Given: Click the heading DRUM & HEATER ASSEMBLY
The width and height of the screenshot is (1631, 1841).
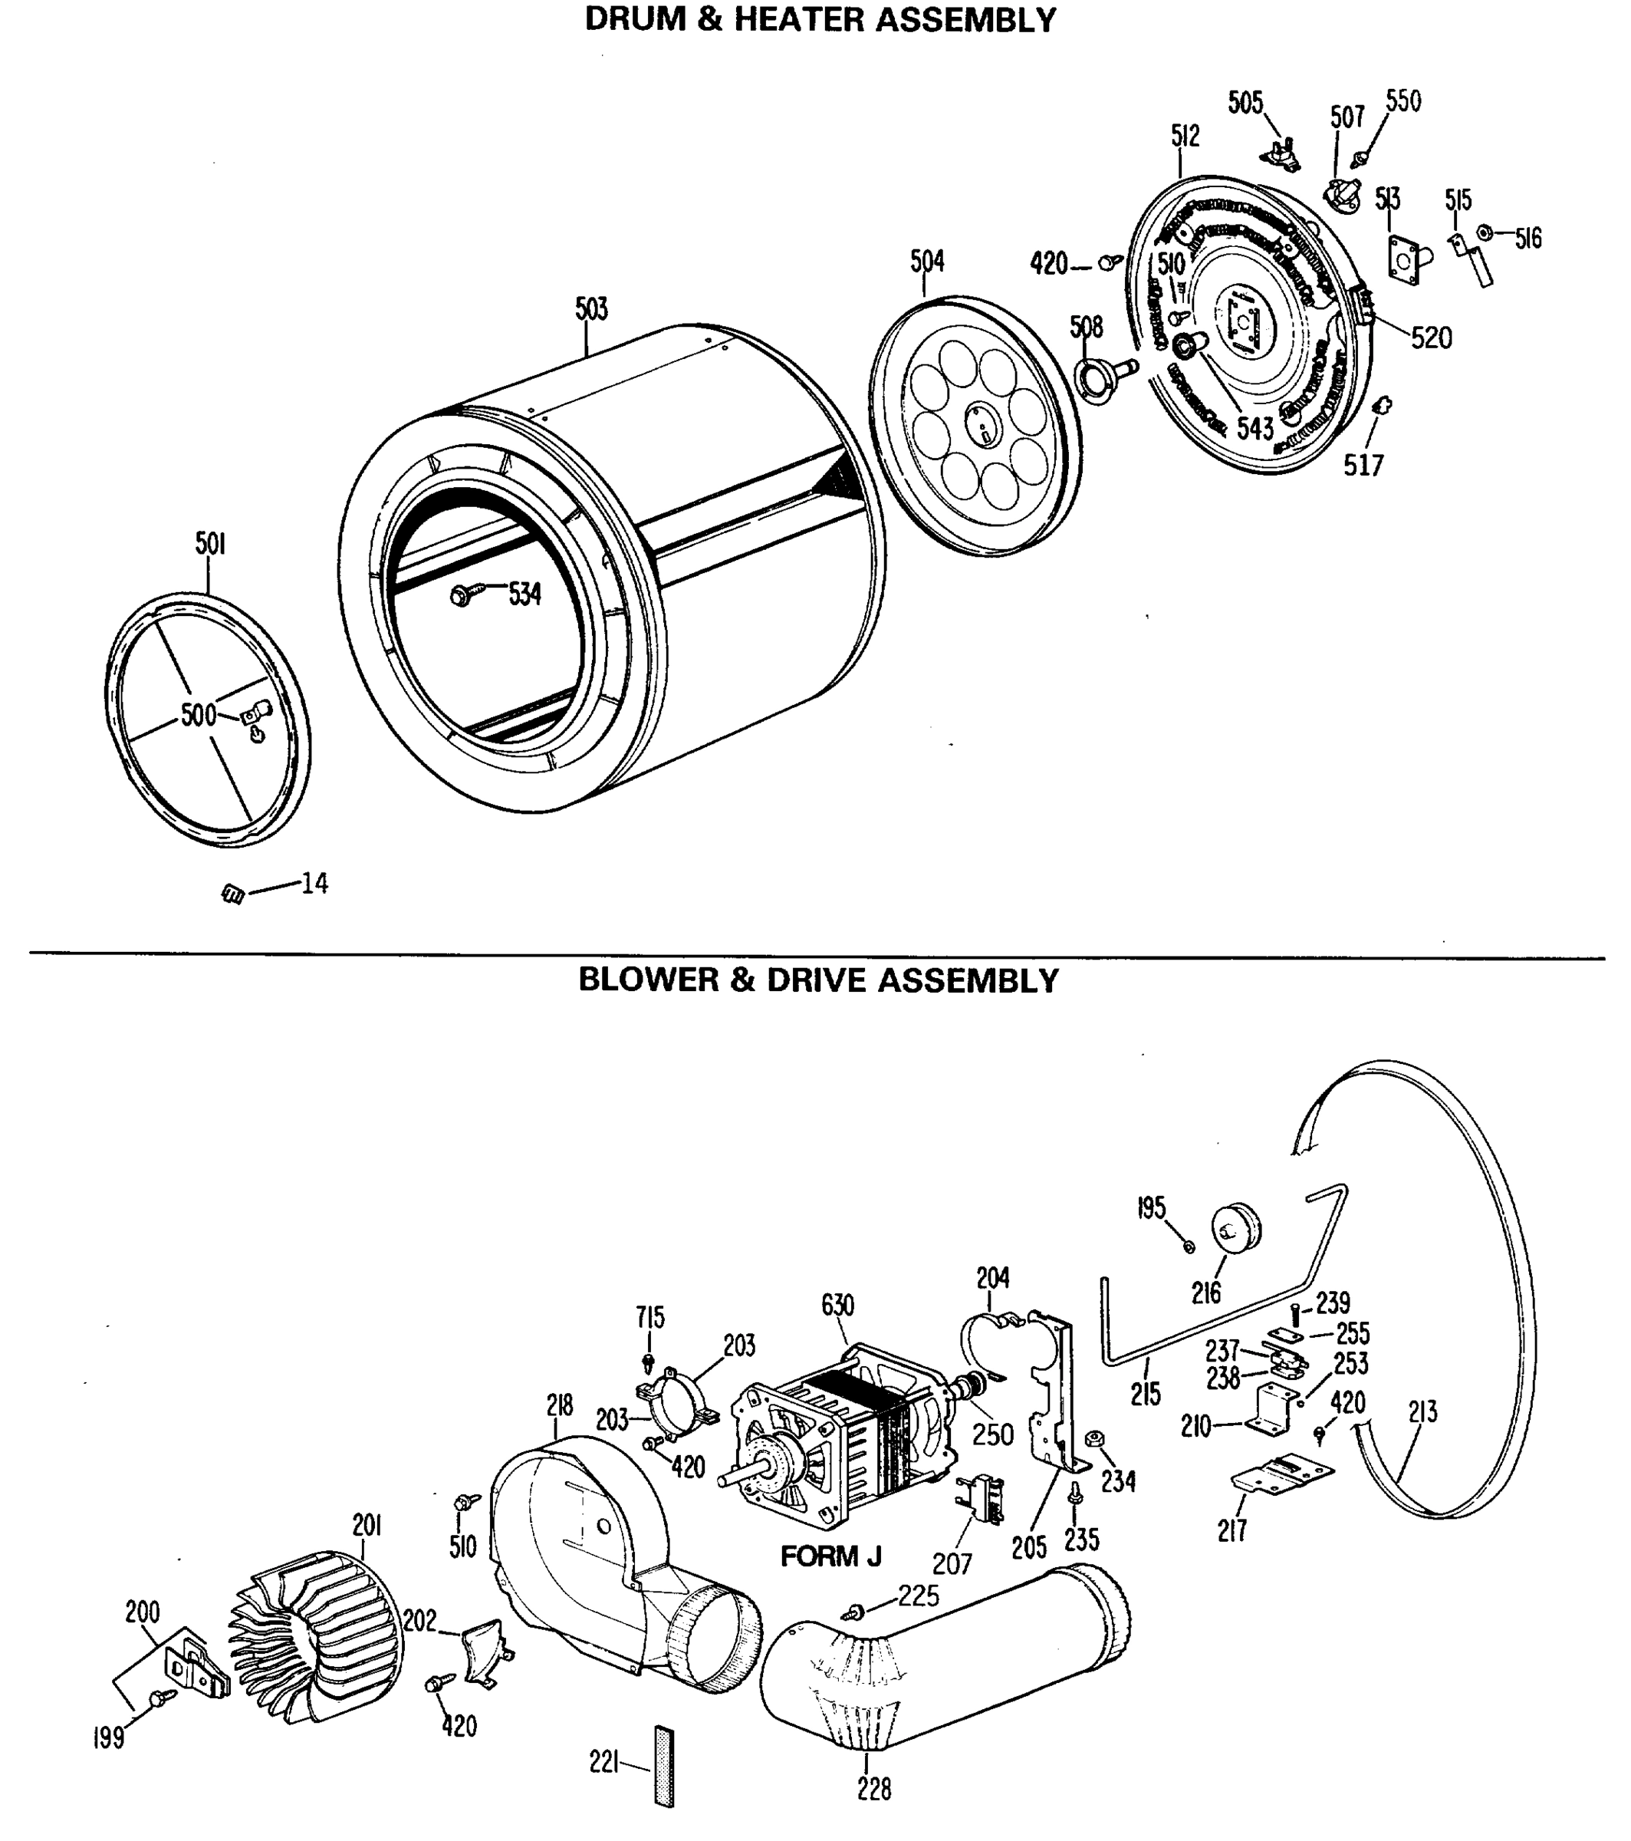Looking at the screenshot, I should click(820, 20).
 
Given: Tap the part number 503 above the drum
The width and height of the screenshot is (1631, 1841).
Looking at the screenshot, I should click(592, 309).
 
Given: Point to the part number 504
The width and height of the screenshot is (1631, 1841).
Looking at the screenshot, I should click(927, 262).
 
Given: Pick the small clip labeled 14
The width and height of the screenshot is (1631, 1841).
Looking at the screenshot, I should click(233, 894).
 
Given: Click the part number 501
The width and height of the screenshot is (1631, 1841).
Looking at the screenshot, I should click(210, 544).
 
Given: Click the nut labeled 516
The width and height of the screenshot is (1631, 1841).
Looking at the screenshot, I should click(1485, 234).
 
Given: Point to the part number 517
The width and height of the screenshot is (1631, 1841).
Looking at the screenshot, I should click(1363, 465).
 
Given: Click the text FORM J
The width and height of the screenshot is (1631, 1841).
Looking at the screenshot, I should click(830, 1556).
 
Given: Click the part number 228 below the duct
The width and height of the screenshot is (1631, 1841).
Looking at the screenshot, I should click(873, 1790).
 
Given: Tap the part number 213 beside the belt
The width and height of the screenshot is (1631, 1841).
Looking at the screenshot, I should click(1423, 1412).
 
